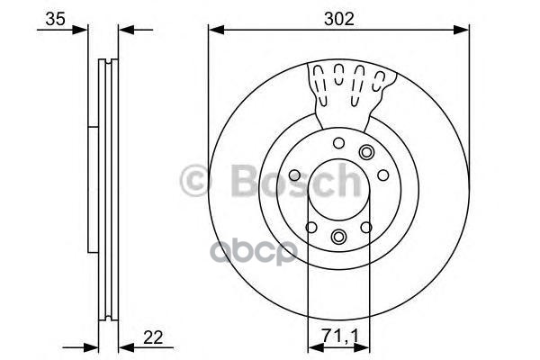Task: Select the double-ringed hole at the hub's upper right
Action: point(366,152)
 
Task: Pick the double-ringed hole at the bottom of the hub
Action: point(337,236)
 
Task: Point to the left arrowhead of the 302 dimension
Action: point(213,30)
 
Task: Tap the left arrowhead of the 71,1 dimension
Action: point(312,346)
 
